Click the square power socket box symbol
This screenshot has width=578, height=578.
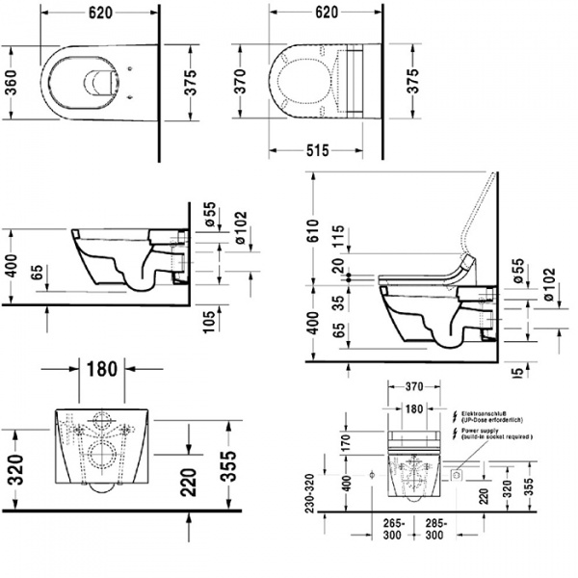point(459,477)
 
